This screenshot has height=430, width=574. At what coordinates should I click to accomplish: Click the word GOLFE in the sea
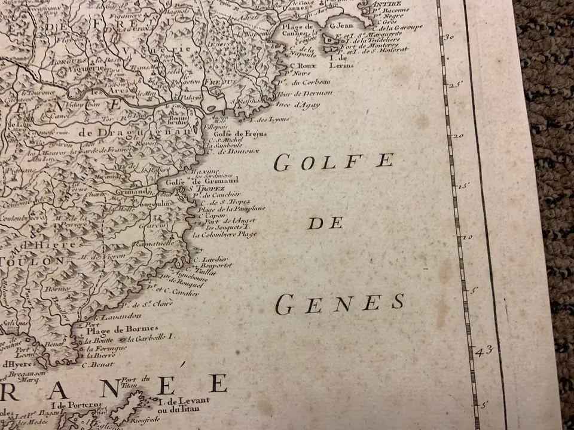pos(334,162)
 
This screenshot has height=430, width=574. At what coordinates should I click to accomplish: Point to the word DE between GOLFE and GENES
pos(326,223)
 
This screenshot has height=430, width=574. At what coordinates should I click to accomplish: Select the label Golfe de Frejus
pos(240,134)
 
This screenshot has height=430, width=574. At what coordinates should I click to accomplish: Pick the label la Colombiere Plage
pos(225,234)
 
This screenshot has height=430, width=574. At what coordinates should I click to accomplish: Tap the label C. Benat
pos(97,364)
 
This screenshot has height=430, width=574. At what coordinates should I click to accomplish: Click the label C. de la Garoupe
pos(397,27)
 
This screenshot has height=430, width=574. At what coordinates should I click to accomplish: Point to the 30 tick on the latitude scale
pos(449,36)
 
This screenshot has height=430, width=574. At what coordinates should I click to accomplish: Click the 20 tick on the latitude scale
pos(457,136)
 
